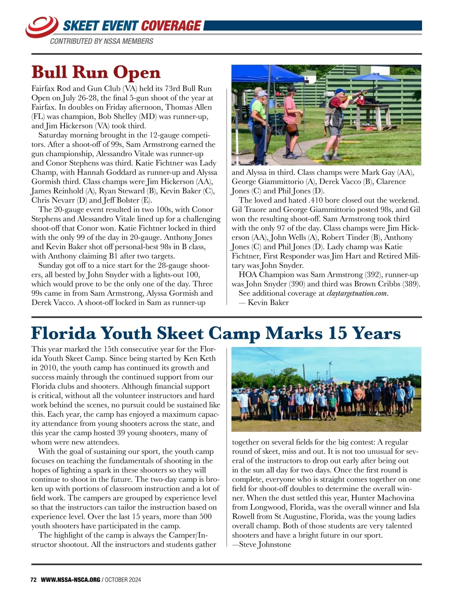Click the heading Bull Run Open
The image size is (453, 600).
pos(96,72)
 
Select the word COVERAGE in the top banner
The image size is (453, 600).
pos(171,26)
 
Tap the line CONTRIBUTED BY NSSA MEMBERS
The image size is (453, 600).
pos(102,41)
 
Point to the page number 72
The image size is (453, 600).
pos(33,580)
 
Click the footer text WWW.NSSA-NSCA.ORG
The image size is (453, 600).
pos(70,580)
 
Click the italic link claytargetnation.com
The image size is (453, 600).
pos(357,293)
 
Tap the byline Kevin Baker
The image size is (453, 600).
pos(268,303)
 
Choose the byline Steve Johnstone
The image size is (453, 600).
pos(265,544)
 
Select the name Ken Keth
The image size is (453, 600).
pos(200,359)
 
